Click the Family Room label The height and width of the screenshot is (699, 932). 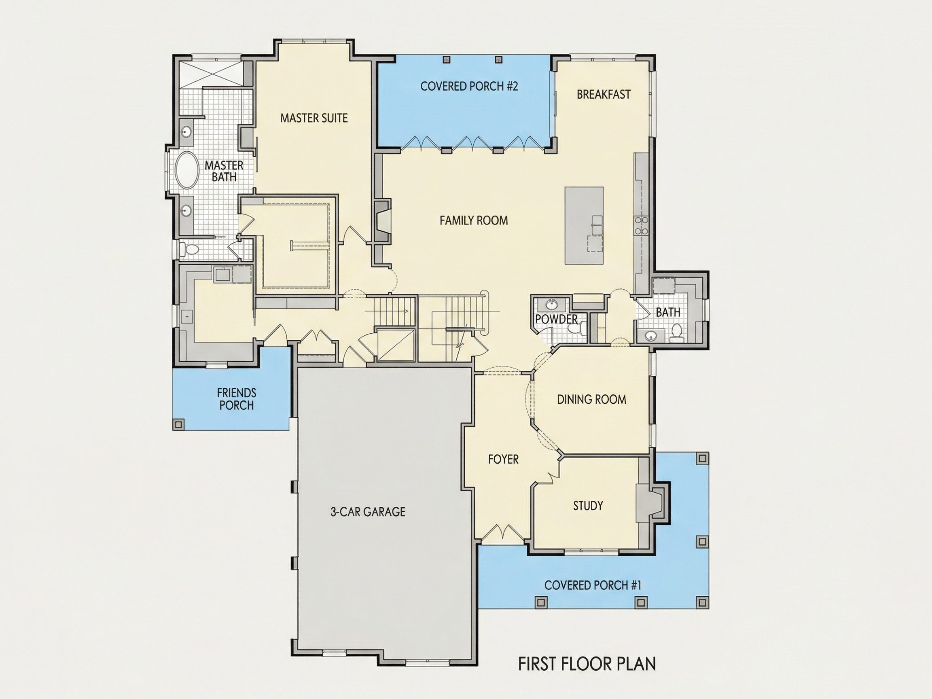[x=474, y=220]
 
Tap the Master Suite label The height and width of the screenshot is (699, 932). [x=314, y=118]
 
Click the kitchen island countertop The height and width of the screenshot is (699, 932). [x=584, y=226]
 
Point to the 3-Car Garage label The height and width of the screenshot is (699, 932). [x=368, y=511]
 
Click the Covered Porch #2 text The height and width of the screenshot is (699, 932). [x=469, y=87]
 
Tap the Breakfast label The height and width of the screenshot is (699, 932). [x=604, y=94]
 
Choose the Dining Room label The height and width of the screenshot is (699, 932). [x=591, y=399]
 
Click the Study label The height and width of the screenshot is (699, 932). [x=588, y=506]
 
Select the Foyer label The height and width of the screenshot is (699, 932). [x=503, y=459]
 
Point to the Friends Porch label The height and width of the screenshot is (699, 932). [x=236, y=399]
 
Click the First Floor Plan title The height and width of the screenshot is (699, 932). [x=587, y=664]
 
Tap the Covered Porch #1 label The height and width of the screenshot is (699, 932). [x=592, y=585]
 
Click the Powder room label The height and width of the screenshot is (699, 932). [x=556, y=319]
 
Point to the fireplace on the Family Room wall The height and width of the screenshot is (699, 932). [x=383, y=222]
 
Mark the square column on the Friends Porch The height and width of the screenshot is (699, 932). [x=178, y=424]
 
